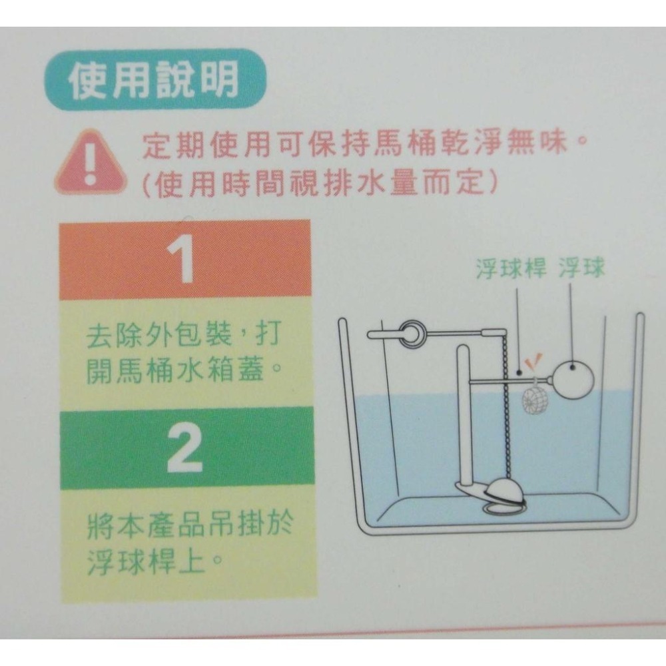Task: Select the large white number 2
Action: point(184,449)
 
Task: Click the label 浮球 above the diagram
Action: point(581,269)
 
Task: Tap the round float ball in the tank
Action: point(575,380)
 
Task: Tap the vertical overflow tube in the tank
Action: point(464,413)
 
